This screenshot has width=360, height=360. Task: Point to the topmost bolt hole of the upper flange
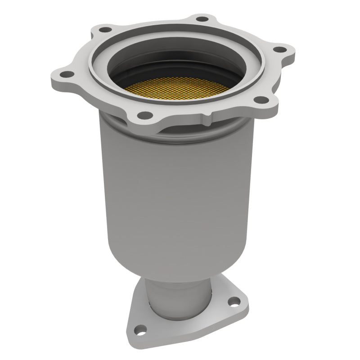point(203,19)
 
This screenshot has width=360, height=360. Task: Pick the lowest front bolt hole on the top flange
point(143,116)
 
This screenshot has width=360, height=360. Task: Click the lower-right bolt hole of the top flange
point(260,100)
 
